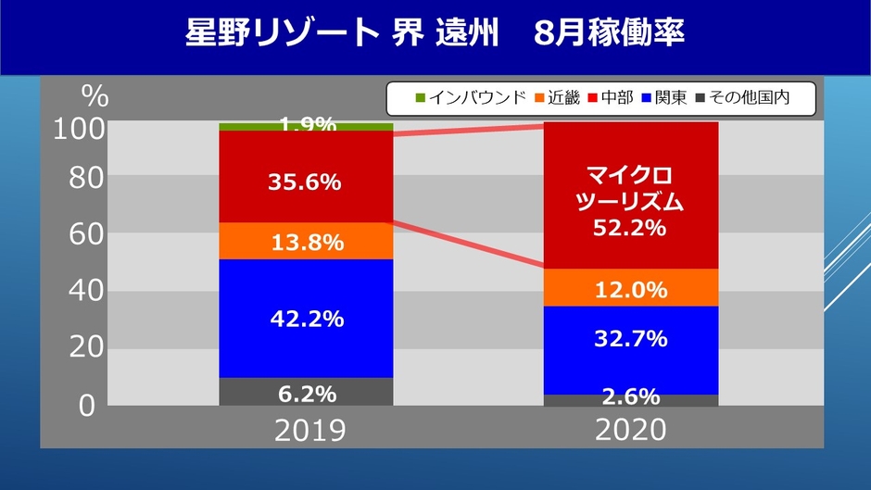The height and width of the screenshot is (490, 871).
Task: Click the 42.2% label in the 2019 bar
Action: click(306, 319)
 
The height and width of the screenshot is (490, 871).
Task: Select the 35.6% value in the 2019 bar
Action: click(306, 182)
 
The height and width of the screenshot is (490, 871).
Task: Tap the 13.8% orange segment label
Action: click(306, 244)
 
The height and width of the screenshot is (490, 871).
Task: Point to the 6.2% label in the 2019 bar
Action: click(306, 393)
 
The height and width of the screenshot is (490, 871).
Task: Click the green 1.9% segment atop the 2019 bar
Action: click(306, 126)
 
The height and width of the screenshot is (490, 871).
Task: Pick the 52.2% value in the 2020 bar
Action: click(630, 228)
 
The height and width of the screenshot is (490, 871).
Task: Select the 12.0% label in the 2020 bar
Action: click(630, 290)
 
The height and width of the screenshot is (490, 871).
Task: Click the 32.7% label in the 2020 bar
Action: click(630, 339)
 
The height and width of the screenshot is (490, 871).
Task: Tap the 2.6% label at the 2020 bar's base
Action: click(630, 397)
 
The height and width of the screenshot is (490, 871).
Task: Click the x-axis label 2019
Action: click(306, 430)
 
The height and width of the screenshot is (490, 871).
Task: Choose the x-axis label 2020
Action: click(630, 430)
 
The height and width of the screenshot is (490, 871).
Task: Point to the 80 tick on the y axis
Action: click(82, 177)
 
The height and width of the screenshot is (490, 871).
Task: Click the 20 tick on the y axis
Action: click(82, 348)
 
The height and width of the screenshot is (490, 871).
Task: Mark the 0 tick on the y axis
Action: click(87, 406)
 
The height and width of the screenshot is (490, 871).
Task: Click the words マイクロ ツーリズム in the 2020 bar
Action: click(630, 189)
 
